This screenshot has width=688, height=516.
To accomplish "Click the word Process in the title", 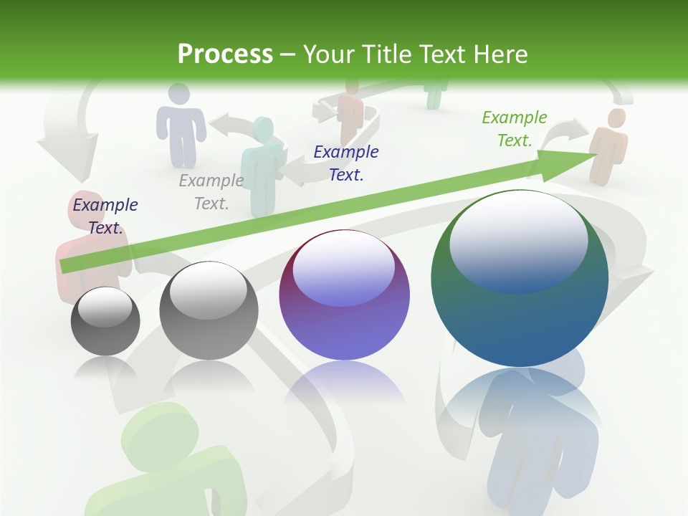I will pos(225,54).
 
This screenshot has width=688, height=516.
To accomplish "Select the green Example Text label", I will pos(515,129).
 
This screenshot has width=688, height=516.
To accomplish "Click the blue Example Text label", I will pos(346,163).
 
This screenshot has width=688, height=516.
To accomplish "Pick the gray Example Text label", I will pos(211,191).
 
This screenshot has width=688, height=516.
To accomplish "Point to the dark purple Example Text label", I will pos(105,216).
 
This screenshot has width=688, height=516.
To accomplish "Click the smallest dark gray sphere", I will pos(105,321).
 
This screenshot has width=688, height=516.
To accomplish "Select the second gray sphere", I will pos(208,310).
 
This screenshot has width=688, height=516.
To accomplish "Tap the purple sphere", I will pos(344,295).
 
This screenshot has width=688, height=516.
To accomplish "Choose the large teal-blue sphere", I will pos(520,279).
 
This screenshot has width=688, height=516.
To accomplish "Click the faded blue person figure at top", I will pos(180,122).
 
